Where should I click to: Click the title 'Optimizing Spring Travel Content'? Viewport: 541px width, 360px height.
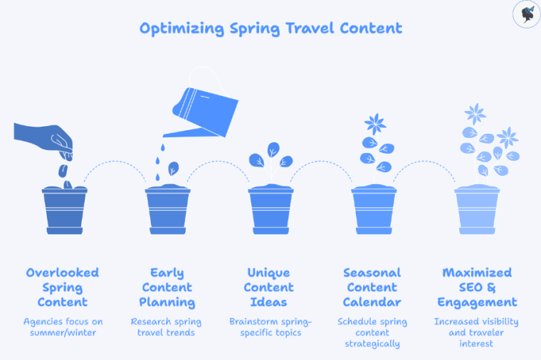click(270, 28)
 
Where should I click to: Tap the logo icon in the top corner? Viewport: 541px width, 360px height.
click(525, 14)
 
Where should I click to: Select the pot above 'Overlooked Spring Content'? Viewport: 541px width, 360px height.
click(64, 210)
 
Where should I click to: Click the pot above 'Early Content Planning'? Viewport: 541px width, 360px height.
click(168, 210)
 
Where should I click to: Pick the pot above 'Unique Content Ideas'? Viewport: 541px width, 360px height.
click(270, 210)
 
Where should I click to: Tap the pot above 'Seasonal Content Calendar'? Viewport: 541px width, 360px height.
click(374, 210)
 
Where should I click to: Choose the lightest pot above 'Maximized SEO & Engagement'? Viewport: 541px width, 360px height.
click(477, 210)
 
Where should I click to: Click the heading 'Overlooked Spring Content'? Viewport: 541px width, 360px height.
click(63, 287)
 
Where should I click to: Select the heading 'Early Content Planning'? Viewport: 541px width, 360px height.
click(167, 287)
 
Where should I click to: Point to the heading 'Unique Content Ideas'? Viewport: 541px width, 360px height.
click(269, 287)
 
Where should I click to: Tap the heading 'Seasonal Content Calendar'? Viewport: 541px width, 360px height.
click(372, 287)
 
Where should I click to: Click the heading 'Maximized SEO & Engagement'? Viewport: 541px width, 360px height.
click(476, 287)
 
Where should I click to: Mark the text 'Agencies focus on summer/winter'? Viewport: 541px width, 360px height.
click(63, 327)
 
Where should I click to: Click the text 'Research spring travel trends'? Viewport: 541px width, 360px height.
click(167, 327)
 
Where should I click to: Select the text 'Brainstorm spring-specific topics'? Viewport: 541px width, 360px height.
click(269, 327)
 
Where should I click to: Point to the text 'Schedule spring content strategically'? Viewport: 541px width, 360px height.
click(372, 332)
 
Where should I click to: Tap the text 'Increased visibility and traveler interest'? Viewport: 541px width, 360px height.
click(476, 332)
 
